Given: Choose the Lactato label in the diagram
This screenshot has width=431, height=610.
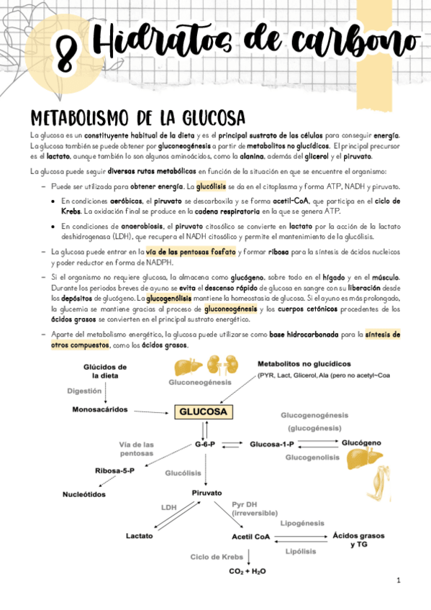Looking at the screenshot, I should [x=139, y=536].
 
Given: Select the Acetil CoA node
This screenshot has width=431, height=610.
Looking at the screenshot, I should [x=250, y=537].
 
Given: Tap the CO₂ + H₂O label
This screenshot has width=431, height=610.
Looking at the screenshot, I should [x=248, y=571].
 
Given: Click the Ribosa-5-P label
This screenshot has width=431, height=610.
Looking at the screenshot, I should [x=116, y=471].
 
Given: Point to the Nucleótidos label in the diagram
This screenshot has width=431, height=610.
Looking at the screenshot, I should [x=84, y=494].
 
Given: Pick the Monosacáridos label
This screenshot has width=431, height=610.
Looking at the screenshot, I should [x=99, y=409].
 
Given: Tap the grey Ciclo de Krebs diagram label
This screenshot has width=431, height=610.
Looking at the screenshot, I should [x=217, y=557].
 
